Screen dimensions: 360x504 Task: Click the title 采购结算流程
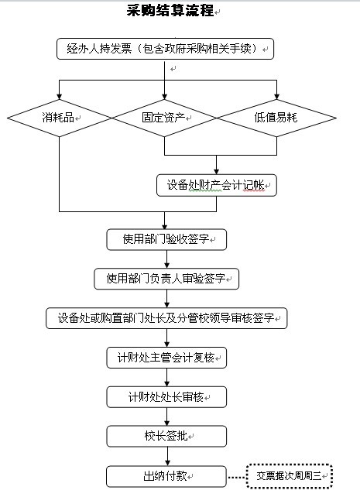point(170,10)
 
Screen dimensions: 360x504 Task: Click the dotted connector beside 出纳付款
point(237,478)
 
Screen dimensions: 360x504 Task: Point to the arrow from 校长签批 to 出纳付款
point(167,457)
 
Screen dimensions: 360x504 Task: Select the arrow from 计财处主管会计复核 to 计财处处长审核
point(166,377)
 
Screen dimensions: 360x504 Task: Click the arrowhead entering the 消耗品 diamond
point(59,97)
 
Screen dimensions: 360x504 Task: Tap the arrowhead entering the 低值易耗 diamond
point(276,97)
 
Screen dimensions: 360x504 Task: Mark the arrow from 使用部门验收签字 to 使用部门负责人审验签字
point(166,259)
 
